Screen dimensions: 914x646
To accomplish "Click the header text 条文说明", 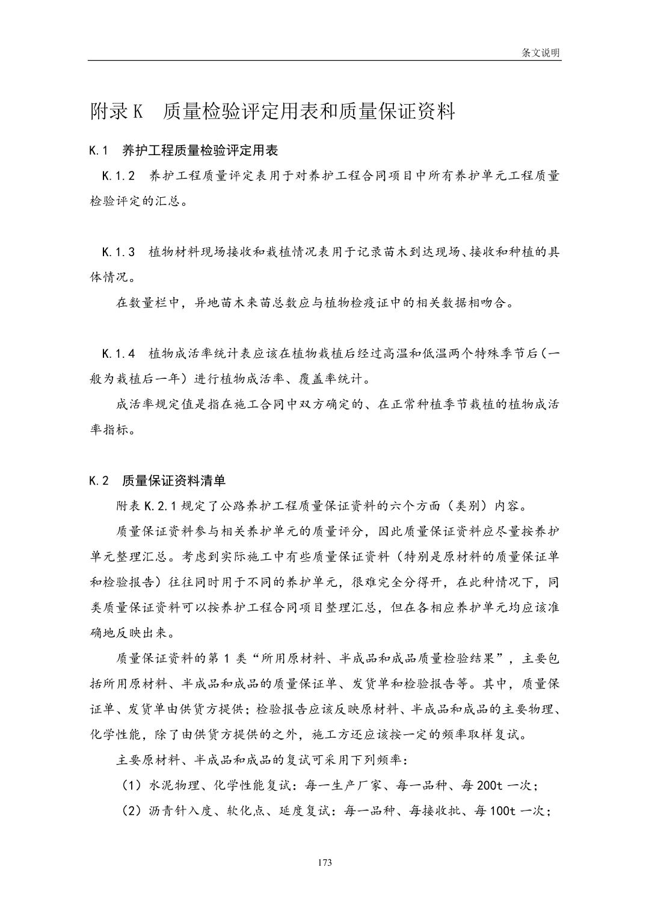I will pyautogui.click(x=540, y=53).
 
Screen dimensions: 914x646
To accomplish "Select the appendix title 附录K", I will pyautogui.click(x=115, y=112).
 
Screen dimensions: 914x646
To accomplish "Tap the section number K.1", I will pyautogui.click(x=98, y=150).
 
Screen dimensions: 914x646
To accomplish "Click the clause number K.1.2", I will pyautogui.click(x=118, y=176).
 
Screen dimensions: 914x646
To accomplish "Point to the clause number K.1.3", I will pyautogui.click(x=118, y=251).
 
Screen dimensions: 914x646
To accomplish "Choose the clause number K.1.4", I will pyautogui.click(x=118, y=353).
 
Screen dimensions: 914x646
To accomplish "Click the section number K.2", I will pyautogui.click(x=99, y=480).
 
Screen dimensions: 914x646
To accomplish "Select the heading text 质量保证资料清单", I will pyautogui.click(x=173, y=480).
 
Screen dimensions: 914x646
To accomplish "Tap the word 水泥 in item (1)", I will pyautogui.click(x=161, y=785).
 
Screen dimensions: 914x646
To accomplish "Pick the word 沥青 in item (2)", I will pyautogui.click(x=161, y=811).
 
